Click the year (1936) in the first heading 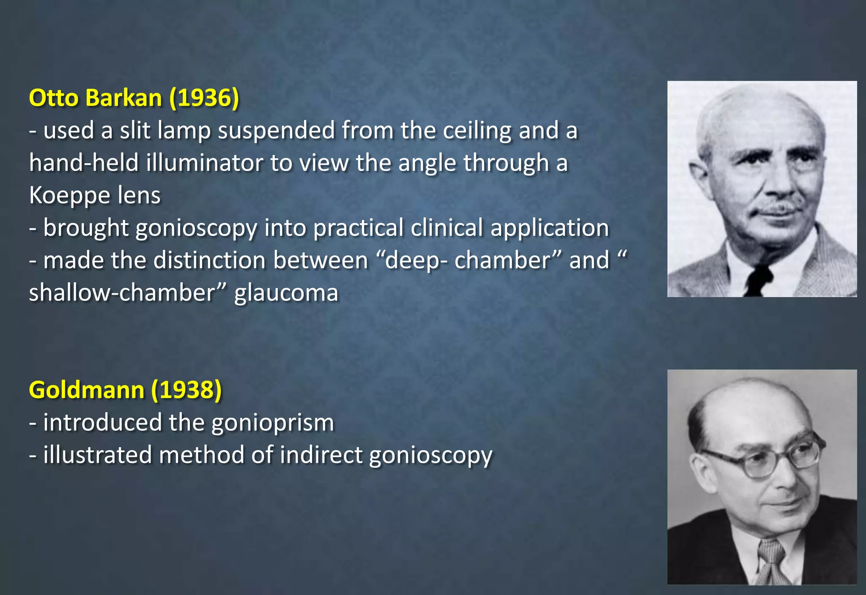click(204, 98)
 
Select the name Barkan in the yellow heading click(123, 98)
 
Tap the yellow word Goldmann click(87, 390)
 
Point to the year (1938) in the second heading click(186, 390)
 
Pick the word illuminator click(205, 163)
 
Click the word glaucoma click(286, 293)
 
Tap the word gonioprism click(273, 423)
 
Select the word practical click(358, 228)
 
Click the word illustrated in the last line click(97, 455)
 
